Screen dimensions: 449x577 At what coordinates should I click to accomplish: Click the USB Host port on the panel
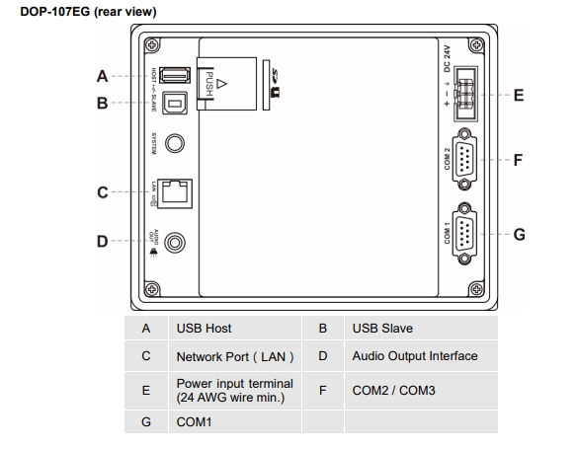point(175,75)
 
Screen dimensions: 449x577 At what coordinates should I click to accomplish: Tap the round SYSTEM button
point(175,143)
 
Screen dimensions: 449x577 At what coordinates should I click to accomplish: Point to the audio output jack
point(176,241)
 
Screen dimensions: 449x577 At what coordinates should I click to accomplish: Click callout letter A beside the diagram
point(102,75)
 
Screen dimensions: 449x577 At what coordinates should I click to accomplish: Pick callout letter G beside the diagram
point(519,234)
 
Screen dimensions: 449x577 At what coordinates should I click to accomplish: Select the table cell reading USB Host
point(204,328)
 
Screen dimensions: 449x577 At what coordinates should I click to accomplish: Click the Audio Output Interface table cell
point(414,356)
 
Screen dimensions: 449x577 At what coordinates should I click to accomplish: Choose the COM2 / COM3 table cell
point(392,391)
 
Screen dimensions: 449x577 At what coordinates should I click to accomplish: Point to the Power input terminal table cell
point(234,391)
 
